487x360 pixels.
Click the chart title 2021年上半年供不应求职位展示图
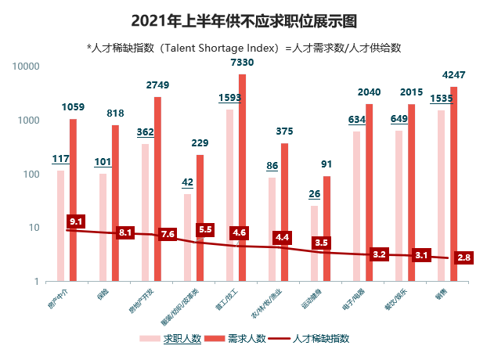(x=243, y=19)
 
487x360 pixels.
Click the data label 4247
(x=454, y=75)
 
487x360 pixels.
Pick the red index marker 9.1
(x=76, y=222)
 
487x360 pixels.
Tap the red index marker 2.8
(x=464, y=257)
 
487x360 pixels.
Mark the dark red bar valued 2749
(x=157, y=189)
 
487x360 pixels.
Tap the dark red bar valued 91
(x=326, y=228)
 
